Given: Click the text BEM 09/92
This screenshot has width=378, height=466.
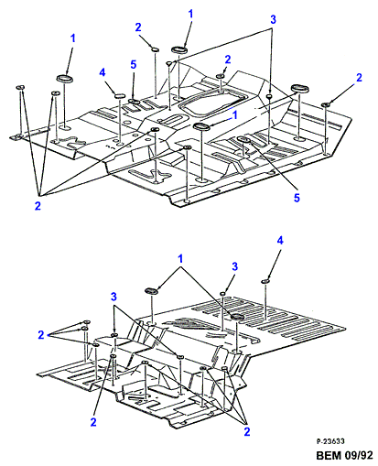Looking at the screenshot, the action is click(x=344, y=455).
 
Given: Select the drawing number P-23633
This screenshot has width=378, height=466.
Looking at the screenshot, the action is click(x=330, y=441).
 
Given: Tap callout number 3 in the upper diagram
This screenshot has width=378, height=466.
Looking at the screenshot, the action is click(x=273, y=19).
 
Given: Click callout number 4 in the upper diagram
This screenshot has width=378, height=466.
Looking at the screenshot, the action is click(x=103, y=72).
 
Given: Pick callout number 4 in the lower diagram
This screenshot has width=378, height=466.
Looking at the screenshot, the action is click(x=280, y=241).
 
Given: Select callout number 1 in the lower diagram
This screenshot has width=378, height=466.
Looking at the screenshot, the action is click(x=180, y=259).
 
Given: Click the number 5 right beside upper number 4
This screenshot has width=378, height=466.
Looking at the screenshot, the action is click(x=134, y=65).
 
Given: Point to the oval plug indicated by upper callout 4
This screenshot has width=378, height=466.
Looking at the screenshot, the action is click(x=120, y=95).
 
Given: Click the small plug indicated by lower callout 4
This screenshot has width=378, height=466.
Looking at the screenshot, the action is click(x=266, y=281).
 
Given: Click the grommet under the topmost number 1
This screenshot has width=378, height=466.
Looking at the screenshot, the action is click(x=178, y=49).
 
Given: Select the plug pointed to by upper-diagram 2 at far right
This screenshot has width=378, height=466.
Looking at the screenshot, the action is click(x=326, y=104).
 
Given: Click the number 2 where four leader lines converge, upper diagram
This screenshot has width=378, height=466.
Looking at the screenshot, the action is click(x=38, y=206).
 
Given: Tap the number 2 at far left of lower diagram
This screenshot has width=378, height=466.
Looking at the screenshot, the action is click(x=41, y=335).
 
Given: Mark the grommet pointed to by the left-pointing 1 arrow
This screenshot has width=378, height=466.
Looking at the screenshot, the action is click(x=201, y=126).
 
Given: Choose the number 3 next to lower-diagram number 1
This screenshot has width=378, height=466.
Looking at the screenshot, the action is click(x=234, y=266).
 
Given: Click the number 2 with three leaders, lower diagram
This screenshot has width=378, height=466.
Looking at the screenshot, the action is click(x=247, y=431).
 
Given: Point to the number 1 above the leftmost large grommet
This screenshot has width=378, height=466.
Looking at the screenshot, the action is click(x=72, y=38).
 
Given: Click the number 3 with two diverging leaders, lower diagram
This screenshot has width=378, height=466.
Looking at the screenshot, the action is click(x=113, y=297).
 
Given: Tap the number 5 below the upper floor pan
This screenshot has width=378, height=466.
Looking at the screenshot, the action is click(x=297, y=198).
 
